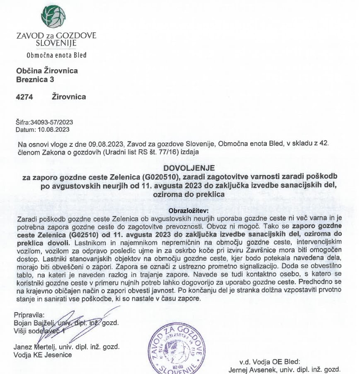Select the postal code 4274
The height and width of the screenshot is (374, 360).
[24, 97]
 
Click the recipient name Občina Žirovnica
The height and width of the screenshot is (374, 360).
[46, 70]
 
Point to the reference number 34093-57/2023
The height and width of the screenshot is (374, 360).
[51, 122]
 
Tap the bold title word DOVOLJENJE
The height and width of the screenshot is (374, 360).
[190, 168]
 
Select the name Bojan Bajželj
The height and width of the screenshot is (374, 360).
[34, 323]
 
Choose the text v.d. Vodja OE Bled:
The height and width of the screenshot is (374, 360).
[266, 361]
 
